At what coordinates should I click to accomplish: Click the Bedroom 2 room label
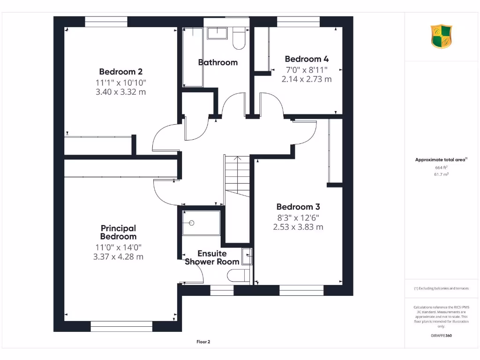pos(120,72)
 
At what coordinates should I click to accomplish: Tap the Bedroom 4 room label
pos(307,59)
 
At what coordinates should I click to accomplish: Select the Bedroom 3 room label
pos(298,207)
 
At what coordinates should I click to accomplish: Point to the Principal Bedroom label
pos(118,232)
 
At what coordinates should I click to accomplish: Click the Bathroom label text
pos(217,62)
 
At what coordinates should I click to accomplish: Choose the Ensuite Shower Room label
pos(212,257)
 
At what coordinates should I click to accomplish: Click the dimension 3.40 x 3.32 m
pos(120,92)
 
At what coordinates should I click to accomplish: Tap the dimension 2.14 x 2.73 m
pos(307,79)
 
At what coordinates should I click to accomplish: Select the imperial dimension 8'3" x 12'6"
pos(298,217)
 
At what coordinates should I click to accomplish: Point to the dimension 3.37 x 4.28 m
pos(118,256)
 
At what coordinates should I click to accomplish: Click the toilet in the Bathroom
pos(239,38)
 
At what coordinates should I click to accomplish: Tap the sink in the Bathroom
pos(217,32)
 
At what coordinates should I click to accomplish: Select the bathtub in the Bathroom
pos(193,57)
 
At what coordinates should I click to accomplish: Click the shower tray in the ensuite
pos(201,223)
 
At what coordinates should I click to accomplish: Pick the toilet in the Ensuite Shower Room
pos(239,276)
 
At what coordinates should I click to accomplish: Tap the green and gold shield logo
pos(441,37)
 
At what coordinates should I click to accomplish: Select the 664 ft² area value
pos(441,167)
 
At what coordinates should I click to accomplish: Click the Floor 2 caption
pos(203,342)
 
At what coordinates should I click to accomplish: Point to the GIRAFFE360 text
pos(441,336)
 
